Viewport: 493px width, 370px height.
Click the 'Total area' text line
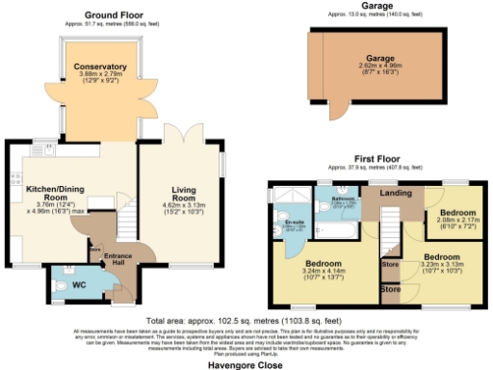[x=247, y=319]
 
